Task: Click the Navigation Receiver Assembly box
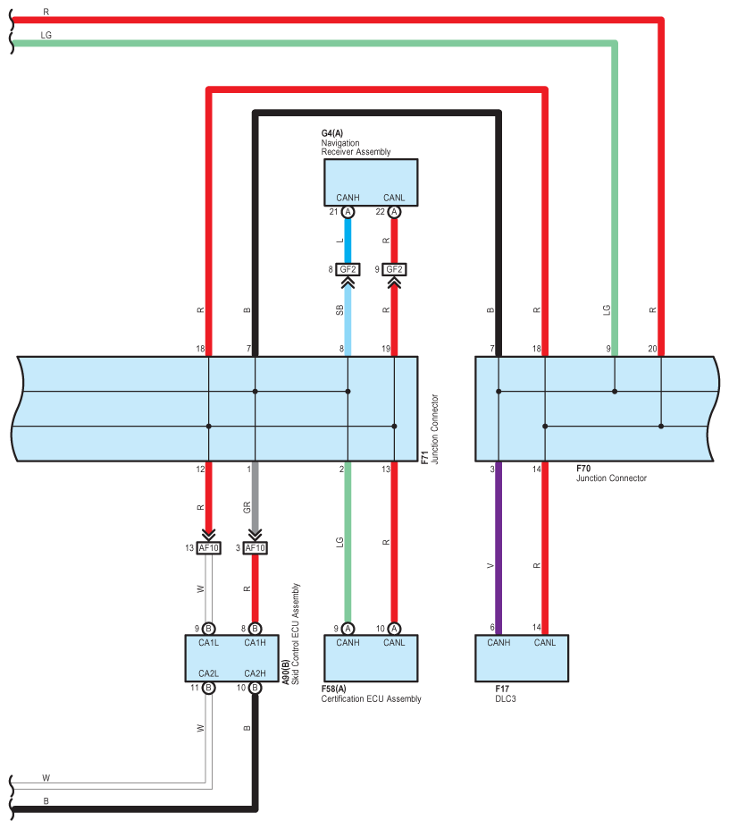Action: tap(371, 182)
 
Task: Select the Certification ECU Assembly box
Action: tap(371, 658)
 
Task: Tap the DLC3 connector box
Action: tap(522, 658)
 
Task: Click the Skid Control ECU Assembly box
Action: tap(232, 658)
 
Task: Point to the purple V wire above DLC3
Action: tap(499, 547)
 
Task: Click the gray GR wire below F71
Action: tap(256, 498)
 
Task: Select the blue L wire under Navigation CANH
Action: tap(348, 241)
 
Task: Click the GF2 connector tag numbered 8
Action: tap(348, 270)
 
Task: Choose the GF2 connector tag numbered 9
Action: tap(394, 270)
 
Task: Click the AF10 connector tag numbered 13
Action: tap(209, 547)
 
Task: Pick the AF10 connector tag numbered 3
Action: tap(256, 547)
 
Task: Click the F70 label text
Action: tap(583, 469)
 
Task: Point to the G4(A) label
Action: tap(332, 133)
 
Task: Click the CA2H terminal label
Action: tap(256, 673)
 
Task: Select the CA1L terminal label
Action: tap(209, 642)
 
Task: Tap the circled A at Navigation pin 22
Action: tap(394, 212)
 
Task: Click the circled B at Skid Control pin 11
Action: tap(209, 688)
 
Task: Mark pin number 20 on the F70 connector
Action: tap(652, 349)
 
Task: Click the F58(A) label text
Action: tap(334, 689)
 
